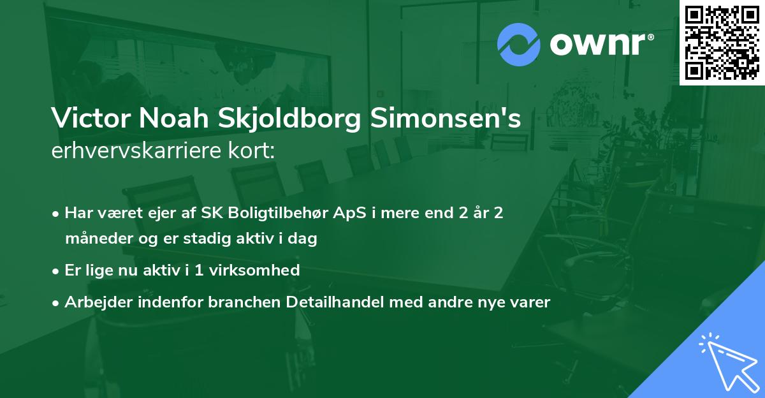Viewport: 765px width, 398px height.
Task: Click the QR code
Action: (722, 43)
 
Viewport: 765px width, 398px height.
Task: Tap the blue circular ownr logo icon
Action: (518, 45)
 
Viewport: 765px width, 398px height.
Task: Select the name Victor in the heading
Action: (87, 119)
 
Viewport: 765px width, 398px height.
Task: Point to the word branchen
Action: (242, 302)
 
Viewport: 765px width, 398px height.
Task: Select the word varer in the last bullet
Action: (530, 302)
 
